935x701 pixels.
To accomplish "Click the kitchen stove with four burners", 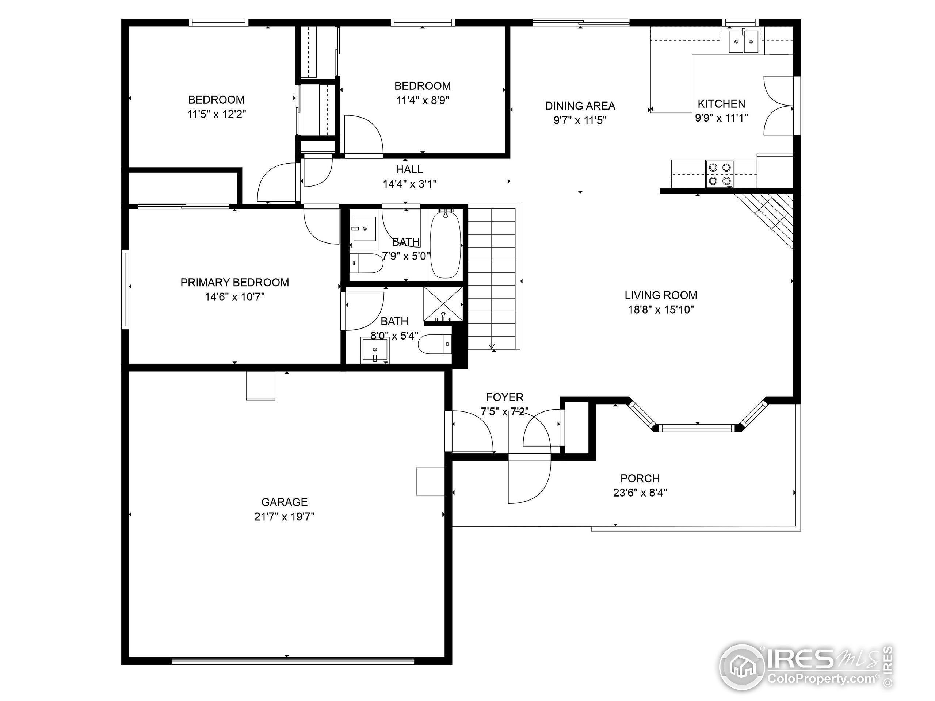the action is [x=720, y=174].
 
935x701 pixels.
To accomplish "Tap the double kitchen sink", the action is [x=744, y=41].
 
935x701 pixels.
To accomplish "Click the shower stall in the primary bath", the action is [x=443, y=303].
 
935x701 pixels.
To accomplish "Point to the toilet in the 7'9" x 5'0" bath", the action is [x=366, y=263].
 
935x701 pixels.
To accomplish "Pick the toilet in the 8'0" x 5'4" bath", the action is [x=435, y=344].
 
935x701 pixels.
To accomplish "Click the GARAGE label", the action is [x=285, y=502].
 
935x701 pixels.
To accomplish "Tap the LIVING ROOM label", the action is [x=661, y=295].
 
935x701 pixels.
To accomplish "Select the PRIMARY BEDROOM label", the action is [x=234, y=282].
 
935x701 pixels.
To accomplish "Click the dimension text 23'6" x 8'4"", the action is [x=640, y=493].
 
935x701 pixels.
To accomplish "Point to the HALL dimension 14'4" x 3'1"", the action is [x=409, y=184].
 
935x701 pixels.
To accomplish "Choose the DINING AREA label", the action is [x=580, y=106].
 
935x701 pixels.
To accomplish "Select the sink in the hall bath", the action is [x=365, y=229].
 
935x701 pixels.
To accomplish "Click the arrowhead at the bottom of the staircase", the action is [x=492, y=346].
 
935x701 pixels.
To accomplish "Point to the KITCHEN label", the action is [x=721, y=104].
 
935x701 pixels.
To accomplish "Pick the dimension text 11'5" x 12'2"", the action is [x=217, y=114].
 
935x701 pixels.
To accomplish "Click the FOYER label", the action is [x=505, y=397].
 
